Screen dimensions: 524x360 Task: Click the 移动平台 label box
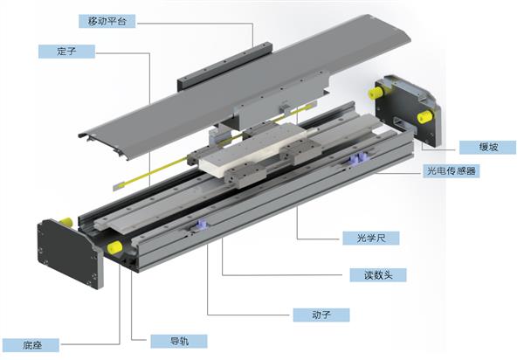(x=107, y=21)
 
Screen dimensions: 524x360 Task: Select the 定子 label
(x=66, y=52)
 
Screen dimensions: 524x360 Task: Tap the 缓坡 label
(x=487, y=147)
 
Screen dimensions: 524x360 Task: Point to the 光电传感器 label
(x=452, y=170)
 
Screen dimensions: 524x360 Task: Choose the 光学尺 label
(x=371, y=238)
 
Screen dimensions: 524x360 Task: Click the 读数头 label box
(x=378, y=275)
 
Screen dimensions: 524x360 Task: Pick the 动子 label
(x=321, y=315)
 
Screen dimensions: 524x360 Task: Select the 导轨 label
(x=179, y=342)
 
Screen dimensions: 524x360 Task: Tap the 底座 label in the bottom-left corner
(x=31, y=345)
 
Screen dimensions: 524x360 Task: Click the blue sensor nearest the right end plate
(x=357, y=158)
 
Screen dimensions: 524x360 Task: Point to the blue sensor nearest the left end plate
(x=203, y=224)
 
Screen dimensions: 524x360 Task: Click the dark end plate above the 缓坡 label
(x=408, y=110)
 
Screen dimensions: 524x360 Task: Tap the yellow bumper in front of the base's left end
(x=114, y=247)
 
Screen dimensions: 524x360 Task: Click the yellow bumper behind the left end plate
(x=65, y=221)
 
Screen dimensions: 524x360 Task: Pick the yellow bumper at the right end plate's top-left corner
(x=376, y=93)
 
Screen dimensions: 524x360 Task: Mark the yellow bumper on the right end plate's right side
(x=424, y=117)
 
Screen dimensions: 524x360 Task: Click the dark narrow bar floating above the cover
(x=224, y=66)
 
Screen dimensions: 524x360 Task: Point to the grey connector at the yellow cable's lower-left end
(x=119, y=186)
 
